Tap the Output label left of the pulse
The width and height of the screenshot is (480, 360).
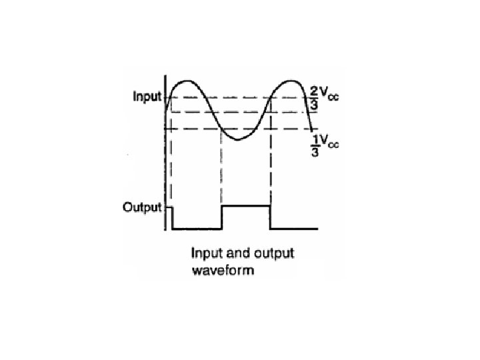click(x=143, y=207)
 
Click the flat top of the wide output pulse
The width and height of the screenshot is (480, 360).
click(x=245, y=206)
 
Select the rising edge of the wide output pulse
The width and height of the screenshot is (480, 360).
click(x=221, y=217)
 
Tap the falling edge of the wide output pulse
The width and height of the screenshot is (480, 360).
click(x=271, y=217)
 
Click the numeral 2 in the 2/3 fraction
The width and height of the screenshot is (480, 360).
click(x=314, y=91)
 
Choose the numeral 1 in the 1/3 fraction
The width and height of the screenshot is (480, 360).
click(x=314, y=139)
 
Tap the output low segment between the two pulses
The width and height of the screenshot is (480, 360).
click(x=196, y=229)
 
